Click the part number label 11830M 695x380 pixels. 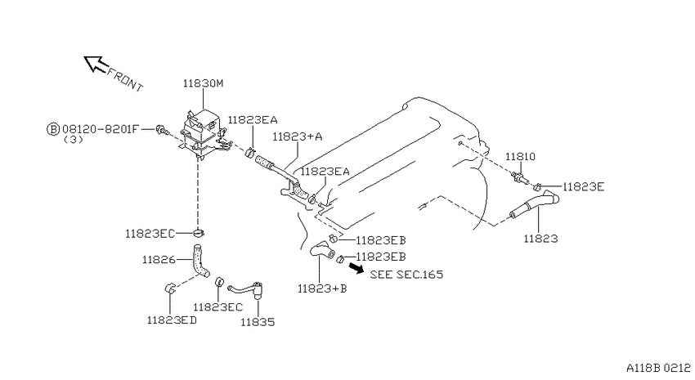[204, 83]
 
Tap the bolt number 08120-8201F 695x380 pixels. [101, 129]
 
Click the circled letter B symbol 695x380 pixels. [53, 129]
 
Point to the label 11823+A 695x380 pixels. [298, 136]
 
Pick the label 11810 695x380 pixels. [520, 156]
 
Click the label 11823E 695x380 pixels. [583, 187]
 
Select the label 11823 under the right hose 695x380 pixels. [540, 239]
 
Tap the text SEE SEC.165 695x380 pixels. [406, 275]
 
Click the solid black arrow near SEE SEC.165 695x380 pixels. [356, 267]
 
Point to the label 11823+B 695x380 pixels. [322, 288]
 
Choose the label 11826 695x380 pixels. [159, 260]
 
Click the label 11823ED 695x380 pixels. [172, 320]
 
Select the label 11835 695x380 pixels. [258, 322]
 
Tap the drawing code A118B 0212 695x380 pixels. [658, 368]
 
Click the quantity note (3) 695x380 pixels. [74, 140]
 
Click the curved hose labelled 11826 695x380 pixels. [200, 262]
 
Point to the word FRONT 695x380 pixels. [125, 80]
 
